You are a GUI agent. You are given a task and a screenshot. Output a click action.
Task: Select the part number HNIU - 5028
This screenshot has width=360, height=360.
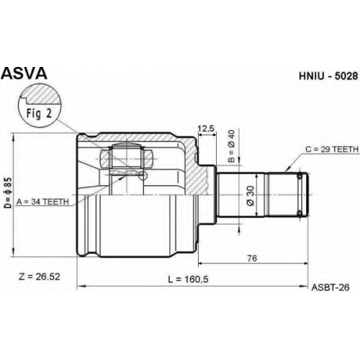click(x=328, y=76)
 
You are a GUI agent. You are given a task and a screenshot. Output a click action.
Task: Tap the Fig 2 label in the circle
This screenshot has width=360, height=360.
click(x=39, y=113)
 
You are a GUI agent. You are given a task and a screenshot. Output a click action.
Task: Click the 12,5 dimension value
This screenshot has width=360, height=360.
click(x=206, y=129)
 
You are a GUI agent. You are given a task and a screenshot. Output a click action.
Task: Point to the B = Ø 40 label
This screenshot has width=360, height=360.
click(x=232, y=145)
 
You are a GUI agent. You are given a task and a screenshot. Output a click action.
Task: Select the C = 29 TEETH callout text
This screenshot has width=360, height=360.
click(x=332, y=149)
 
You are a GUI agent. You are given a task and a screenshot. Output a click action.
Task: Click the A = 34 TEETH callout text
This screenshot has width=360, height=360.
click(x=42, y=202)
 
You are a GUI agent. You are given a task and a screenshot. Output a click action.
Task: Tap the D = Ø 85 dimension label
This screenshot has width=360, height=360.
click(x=8, y=192)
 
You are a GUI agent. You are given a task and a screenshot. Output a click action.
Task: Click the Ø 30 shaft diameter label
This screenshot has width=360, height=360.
click(x=250, y=196)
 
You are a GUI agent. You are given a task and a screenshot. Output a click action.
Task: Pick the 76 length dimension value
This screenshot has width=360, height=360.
click(x=252, y=258)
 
